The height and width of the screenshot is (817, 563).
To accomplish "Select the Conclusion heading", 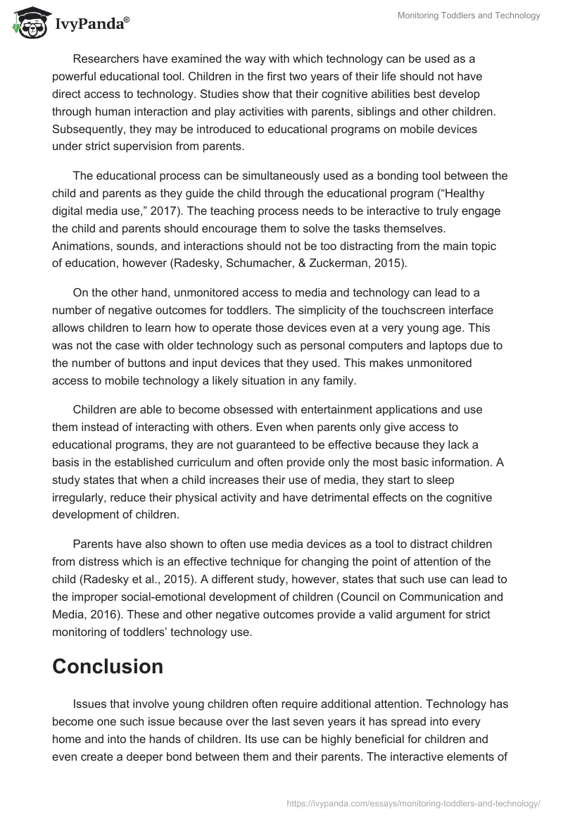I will tap(108, 666).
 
